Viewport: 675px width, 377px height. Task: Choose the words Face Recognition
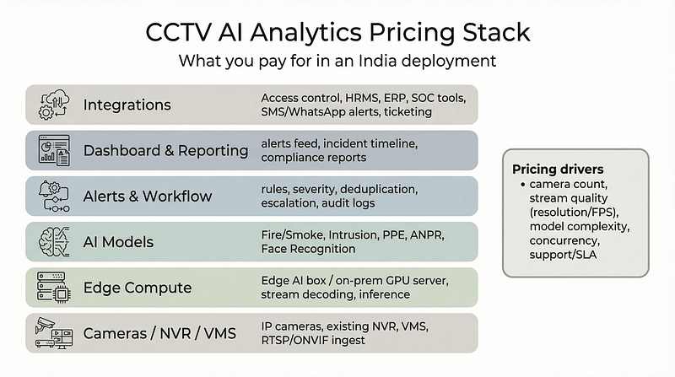click(309, 250)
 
